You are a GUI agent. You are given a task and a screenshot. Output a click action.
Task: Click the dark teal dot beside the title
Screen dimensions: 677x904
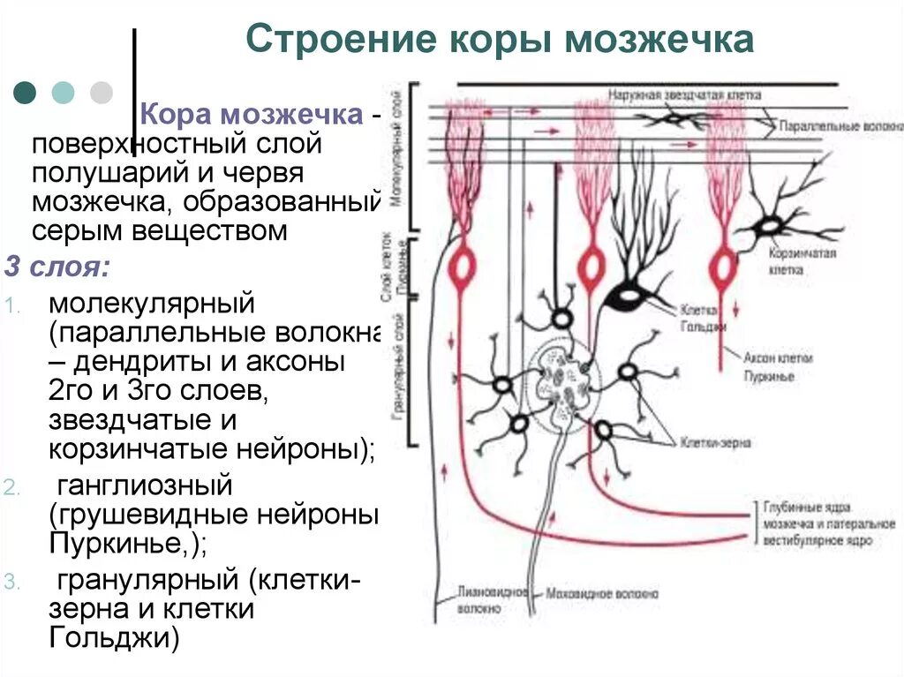click(26, 92)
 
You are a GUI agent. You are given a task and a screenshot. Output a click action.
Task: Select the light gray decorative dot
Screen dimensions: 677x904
click(102, 92)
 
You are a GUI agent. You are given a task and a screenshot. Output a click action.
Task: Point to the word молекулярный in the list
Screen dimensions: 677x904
click(152, 303)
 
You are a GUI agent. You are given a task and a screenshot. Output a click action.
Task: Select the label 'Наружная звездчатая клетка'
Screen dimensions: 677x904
click(684, 94)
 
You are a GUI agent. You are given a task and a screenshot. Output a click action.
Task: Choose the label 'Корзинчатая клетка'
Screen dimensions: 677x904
click(802, 260)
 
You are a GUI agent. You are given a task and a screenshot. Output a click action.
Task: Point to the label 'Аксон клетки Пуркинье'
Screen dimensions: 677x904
click(778, 367)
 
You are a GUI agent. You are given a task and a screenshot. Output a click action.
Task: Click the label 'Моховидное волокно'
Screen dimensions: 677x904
click(602, 594)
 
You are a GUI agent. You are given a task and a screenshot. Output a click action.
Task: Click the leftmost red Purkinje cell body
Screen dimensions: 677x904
click(461, 267)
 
